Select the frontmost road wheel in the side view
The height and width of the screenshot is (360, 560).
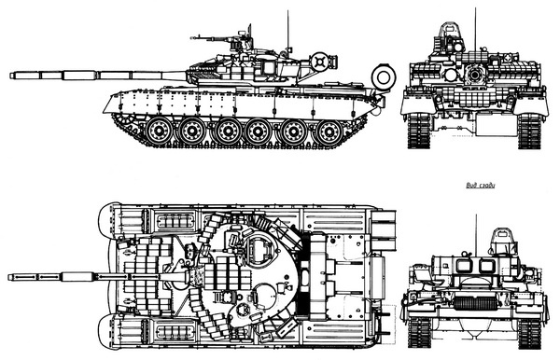(x=161, y=131)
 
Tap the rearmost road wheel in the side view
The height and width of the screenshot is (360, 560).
(x=328, y=132)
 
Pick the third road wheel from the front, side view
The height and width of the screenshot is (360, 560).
(x=228, y=132)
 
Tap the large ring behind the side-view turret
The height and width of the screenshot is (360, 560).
(x=382, y=75)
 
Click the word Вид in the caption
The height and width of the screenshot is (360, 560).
(x=472, y=186)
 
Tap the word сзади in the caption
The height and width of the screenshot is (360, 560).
(x=488, y=186)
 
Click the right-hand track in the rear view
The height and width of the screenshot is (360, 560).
(x=530, y=331)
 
